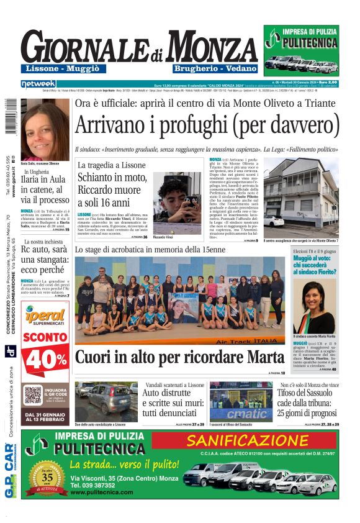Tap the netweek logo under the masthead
pyautogui.click(x=38, y=83)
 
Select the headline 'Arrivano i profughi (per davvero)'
pyautogui.click(x=207, y=125)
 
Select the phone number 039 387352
pyautogui.click(x=93, y=485)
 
